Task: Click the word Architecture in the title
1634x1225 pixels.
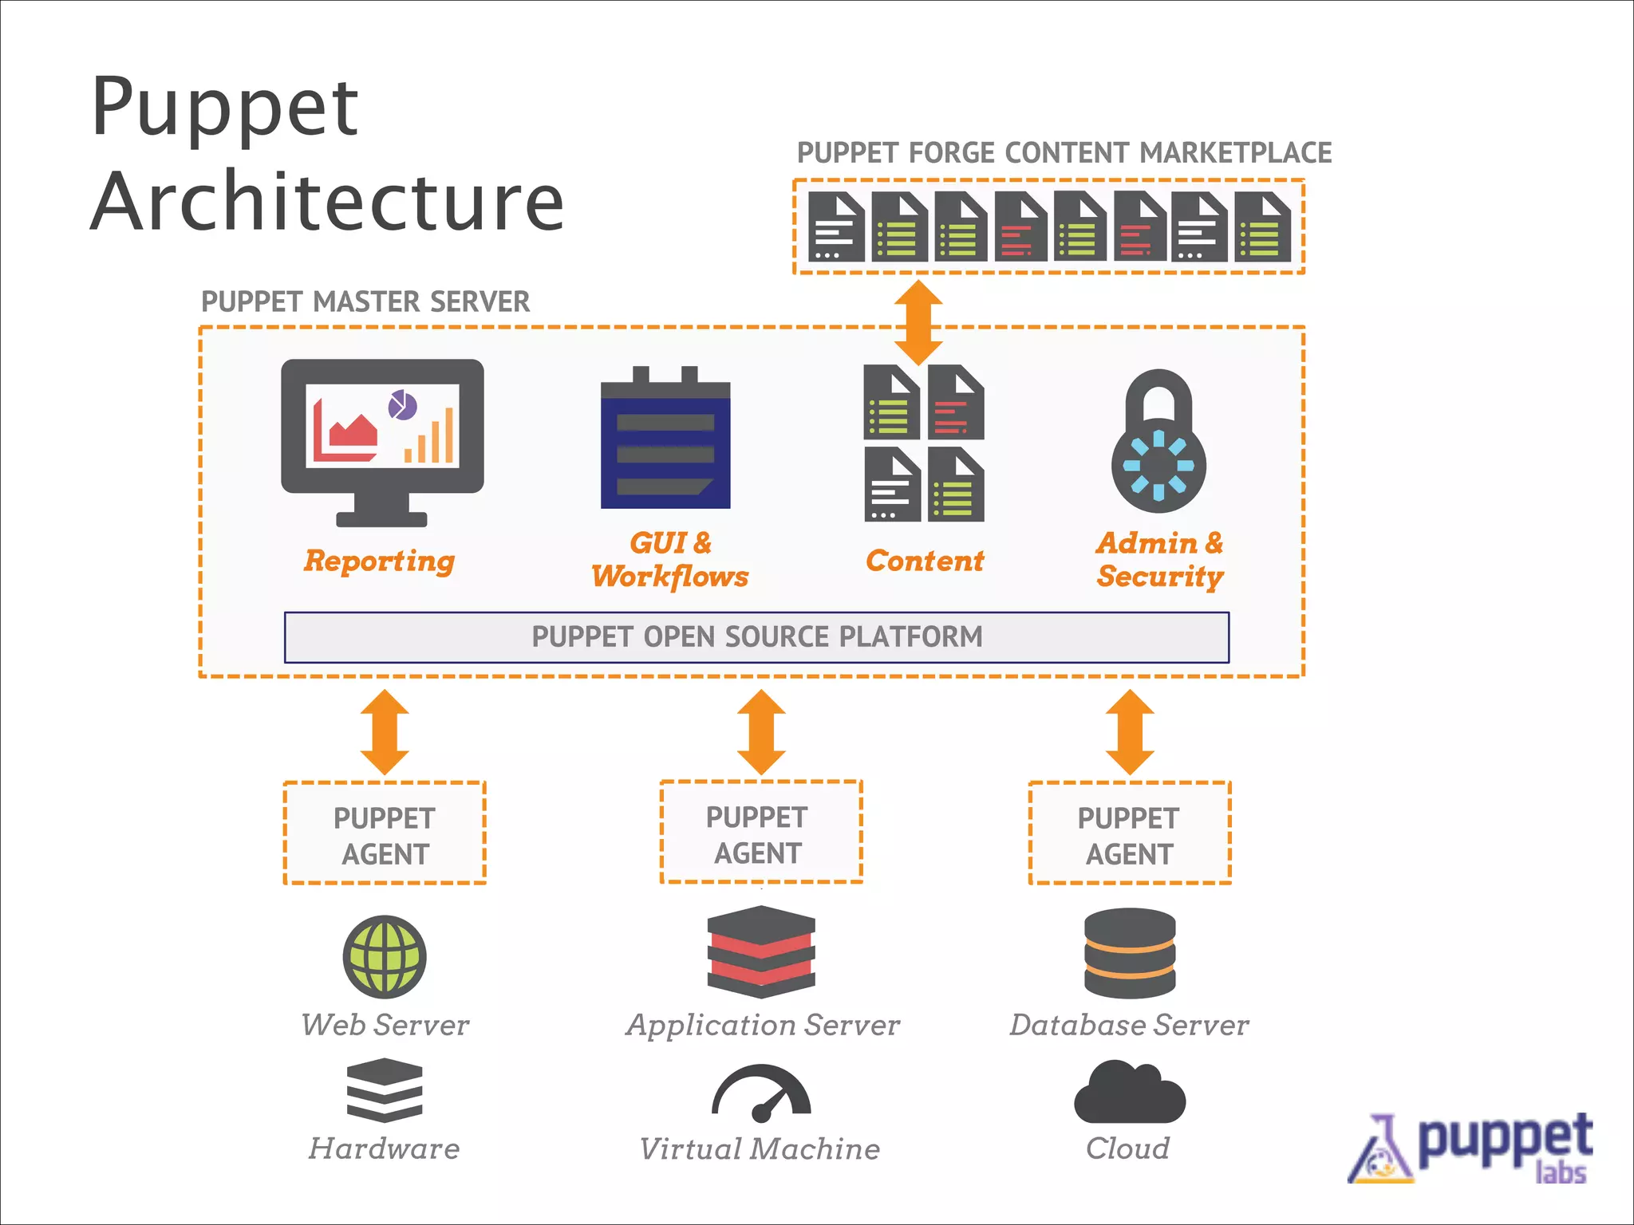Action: click(327, 201)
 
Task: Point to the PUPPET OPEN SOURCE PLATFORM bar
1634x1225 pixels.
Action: click(756, 637)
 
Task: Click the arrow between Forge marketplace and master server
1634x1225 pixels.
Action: click(918, 321)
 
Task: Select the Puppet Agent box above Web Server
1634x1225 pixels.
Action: click(385, 833)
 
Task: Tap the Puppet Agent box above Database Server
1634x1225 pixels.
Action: click(1129, 833)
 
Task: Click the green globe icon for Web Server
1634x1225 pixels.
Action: click(385, 956)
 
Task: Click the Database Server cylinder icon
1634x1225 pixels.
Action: click(1129, 953)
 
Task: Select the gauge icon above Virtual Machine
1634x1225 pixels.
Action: click(761, 1093)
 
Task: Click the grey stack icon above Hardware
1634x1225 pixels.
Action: click(385, 1090)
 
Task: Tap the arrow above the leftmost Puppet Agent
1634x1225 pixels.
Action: click(385, 731)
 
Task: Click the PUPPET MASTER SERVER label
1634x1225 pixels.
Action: click(365, 302)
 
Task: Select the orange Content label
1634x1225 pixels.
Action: click(925, 561)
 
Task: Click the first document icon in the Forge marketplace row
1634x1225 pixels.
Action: click(835, 226)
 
